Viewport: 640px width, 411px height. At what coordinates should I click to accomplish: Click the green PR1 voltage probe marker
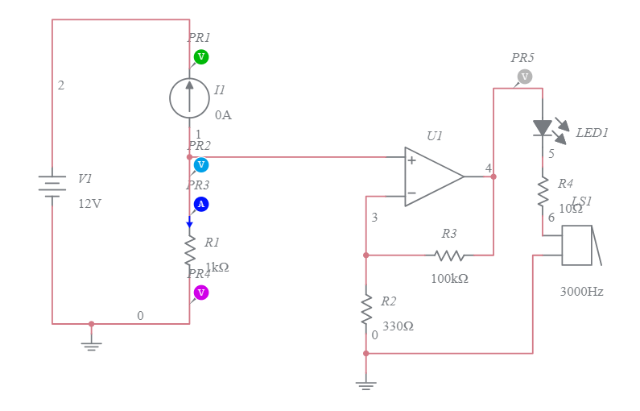(201, 56)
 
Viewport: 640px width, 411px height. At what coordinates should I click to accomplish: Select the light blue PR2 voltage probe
(201, 164)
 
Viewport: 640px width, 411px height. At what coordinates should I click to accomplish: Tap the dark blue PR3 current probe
(201, 204)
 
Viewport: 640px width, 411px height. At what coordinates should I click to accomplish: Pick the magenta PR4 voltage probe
(201, 292)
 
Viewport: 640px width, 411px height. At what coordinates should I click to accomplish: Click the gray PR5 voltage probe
(524, 77)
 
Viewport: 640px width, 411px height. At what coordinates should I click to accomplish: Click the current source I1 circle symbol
(189, 98)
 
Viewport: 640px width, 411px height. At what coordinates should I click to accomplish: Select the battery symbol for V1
(52, 186)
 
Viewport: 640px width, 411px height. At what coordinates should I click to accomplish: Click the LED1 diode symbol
(543, 127)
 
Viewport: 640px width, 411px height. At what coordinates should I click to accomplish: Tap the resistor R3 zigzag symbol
(449, 255)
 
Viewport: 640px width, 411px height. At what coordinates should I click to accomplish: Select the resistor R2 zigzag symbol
(366, 307)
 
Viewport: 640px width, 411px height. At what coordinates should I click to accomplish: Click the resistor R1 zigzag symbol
(190, 249)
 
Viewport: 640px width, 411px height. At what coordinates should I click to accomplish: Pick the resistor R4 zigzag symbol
(543, 191)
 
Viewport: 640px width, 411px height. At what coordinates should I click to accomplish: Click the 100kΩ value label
(449, 278)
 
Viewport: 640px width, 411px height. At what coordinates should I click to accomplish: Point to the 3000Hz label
(581, 292)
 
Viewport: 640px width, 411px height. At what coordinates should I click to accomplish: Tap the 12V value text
(89, 204)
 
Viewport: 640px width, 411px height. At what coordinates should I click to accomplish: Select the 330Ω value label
(398, 326)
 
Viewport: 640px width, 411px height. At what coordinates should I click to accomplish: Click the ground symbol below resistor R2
(366, 385)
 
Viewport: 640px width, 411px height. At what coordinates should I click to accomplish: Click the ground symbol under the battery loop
(91, 344)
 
